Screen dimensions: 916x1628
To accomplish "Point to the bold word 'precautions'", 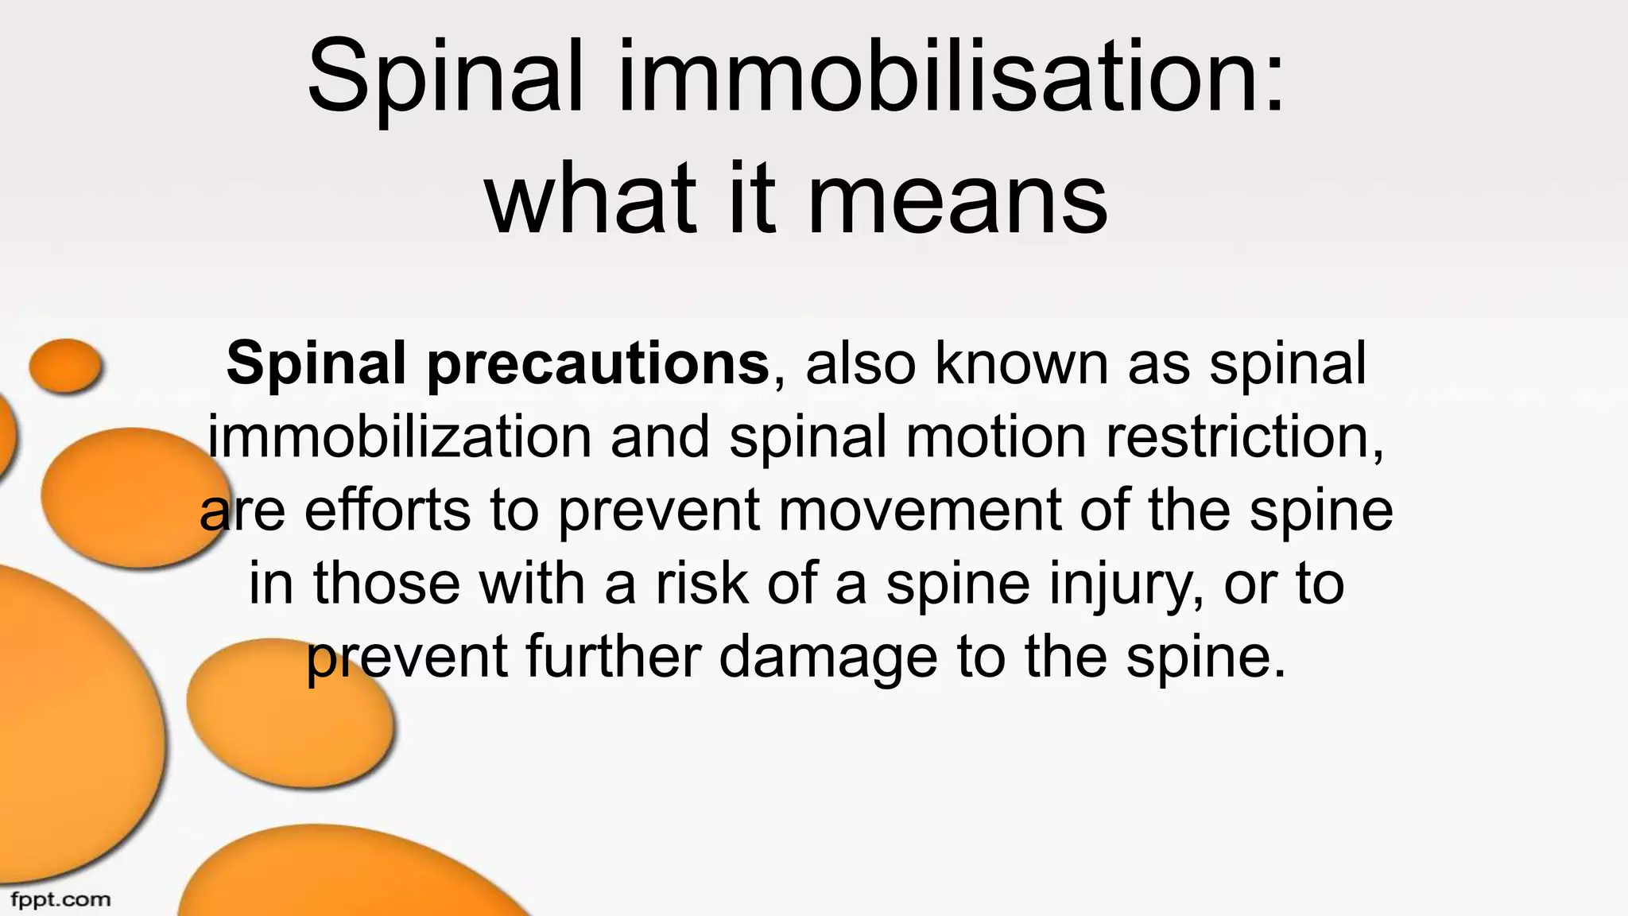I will click(598, 364).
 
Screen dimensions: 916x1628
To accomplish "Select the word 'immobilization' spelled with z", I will click(400, 437).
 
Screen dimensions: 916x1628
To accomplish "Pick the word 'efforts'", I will click(387, 510).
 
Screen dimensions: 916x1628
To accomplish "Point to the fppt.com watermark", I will click(60, 900).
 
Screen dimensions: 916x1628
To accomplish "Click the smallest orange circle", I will click(65, 366).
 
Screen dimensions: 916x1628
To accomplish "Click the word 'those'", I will click(386, 584).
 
